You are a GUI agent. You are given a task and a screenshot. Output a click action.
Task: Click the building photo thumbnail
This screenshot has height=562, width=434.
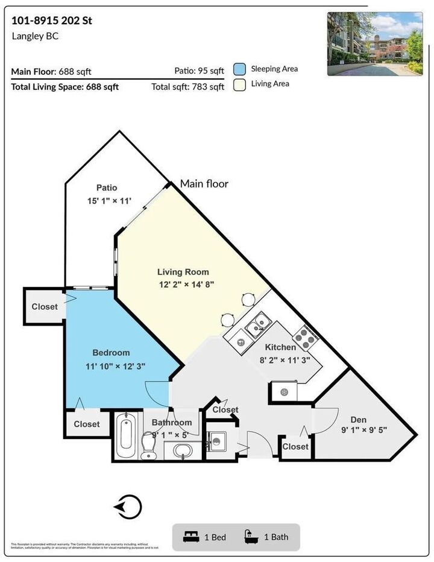pyautogui.click(x=376, y=44)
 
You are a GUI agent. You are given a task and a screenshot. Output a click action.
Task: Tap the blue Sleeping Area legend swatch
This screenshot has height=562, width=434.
pyautogui.click(x=239, y=69)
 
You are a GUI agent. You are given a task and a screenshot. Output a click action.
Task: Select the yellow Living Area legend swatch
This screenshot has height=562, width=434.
pyautogui.click(x=239, y=84)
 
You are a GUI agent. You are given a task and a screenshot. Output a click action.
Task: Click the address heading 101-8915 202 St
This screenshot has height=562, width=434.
pyautogui.click(x=52, y=21)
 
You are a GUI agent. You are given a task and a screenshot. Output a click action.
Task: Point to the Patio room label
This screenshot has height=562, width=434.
pyautogui.click(x=106, y=188)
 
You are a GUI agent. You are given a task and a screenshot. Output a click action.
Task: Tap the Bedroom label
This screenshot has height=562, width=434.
pyautogui.click(x=111, y=353)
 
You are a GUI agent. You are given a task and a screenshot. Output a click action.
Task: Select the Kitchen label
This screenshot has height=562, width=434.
pyautogui.click(x=281, y=347)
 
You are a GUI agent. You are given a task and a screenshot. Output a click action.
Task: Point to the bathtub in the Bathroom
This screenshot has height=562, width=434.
pyautogui.click(x=127, y=435)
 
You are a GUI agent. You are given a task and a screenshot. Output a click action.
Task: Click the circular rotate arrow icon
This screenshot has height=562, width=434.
pyautogui.click(x=130, y=507)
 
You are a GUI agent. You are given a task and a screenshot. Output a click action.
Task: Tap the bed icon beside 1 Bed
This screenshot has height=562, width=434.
pyautogui.click(x=191, y=537)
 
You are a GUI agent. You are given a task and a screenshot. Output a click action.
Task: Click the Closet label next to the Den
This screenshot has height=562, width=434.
pyautogui.click(x=295, y=447)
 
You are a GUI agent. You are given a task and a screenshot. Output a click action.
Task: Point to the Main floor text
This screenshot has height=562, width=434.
pyautogui.click(x=204, y=183)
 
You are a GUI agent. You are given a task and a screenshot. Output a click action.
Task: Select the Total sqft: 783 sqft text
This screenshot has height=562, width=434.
pyautogui.click(x=187, y=87)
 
